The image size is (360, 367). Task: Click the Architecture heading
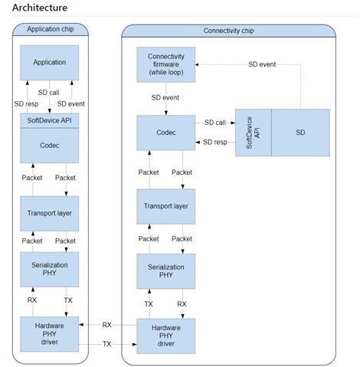(40, 8)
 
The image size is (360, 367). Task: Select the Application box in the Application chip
(50, 63)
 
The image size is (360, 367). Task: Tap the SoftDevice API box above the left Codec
(50, 120)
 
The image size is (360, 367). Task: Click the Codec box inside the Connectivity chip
(166, 133)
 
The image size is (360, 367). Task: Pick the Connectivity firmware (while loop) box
(166, 64)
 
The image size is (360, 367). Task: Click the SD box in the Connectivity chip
(300, 133)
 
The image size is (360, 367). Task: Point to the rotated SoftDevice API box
(254, 133)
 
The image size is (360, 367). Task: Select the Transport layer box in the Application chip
(50, 214)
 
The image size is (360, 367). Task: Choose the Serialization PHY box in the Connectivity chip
(166, 271)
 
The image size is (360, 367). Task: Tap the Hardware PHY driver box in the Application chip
(50, 334)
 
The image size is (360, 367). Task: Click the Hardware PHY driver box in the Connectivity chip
(166, 336)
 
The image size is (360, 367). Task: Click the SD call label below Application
(48, 93)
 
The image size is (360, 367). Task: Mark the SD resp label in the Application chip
(27, 104)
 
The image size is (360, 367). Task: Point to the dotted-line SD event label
(262, 64)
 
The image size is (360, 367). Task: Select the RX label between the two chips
(107, 325)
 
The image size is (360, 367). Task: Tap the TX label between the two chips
(107, 344)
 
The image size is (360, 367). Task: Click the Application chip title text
(51, 29)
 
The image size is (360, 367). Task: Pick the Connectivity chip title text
(228, 31)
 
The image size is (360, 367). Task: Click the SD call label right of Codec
(215, 123)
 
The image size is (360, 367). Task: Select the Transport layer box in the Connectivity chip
(166, 207)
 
